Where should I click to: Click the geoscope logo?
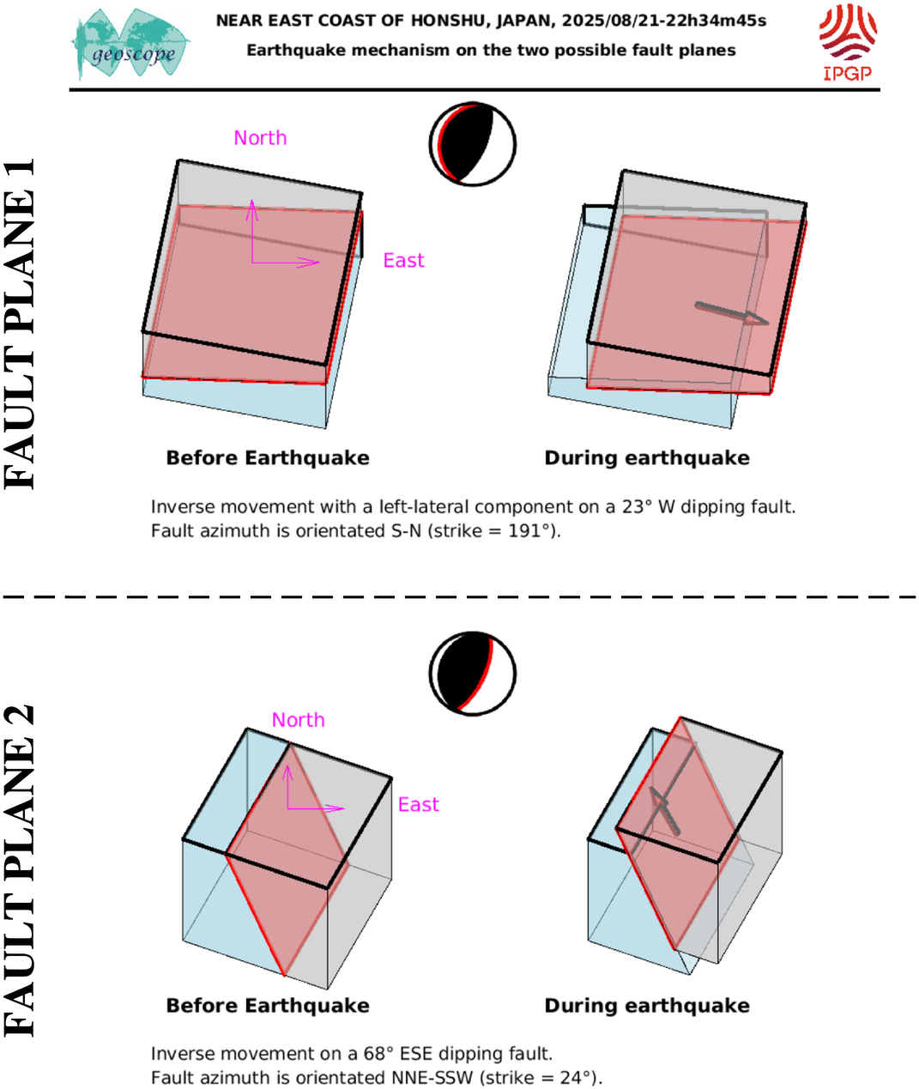(x=130, y=44)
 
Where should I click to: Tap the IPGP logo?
(x=848, y=43)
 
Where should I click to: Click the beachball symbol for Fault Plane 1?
(x=473, y=144)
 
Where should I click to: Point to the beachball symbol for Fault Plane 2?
(x=473, y=674)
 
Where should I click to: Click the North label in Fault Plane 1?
(x=260, y=137)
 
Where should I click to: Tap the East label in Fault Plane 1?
(x=403, y=260)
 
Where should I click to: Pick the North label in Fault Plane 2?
(x=299, y=720)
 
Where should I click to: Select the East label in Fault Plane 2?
(x=418, y=804)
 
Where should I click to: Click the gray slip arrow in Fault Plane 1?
(x=732, y=313)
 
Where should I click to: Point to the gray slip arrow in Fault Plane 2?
(x=664, y=811)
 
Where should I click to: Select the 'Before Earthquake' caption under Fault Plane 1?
(x=268, y=458)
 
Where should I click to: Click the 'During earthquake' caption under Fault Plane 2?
(x=647, y=1005)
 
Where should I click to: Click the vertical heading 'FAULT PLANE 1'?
(x=20, y=324)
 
